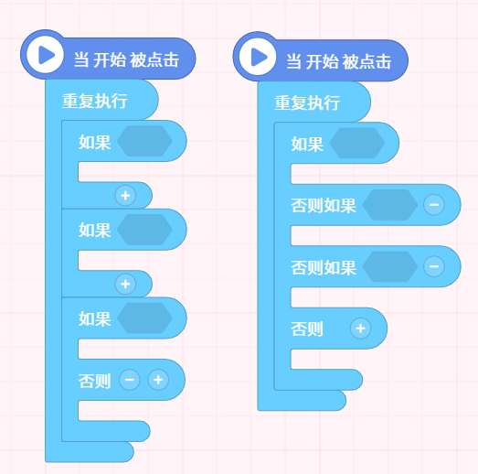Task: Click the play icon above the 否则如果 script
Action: pos(259,57)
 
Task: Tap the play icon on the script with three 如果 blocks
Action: pos(46,55)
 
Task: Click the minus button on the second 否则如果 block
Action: pos(434,266)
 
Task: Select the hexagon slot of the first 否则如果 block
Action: pos(390,205)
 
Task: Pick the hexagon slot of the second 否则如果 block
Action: pos(390,266)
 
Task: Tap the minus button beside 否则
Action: pos(130,380)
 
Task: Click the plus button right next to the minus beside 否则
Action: pos(158,380)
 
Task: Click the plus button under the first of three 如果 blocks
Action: pos(125,196)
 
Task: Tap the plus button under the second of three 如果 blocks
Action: pos(125,285)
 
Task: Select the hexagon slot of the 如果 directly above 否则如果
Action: pos(357,143)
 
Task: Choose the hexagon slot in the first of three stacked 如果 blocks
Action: pos(144,141)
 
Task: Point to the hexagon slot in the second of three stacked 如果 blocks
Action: pos(144,230)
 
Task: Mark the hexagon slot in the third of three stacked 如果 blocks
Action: pos(144,318)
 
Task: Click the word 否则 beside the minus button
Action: pos(94,381)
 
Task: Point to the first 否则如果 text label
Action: pos(324,205)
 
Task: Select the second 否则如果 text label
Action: pos(324,267)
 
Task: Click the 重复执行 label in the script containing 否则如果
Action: pos(307,102)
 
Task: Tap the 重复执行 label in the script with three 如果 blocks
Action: pos(94,101)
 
